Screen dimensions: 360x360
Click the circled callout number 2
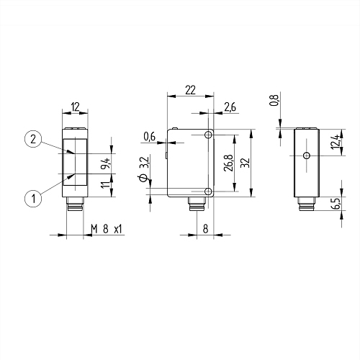click(33, 139)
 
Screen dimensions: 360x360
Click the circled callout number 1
click(33, 199)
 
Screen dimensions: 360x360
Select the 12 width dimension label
click(75, 107)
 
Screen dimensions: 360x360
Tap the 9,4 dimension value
click(106, 163)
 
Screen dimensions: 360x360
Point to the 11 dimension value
click(106, 185)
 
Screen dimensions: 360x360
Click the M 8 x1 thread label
click(107, 229)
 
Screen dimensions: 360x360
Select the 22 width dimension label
click(191, 90)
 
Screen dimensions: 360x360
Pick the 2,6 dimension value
click(230, 107)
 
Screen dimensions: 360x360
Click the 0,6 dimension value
click(150, 137)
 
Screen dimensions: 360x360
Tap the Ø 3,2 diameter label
click(144, 169)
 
